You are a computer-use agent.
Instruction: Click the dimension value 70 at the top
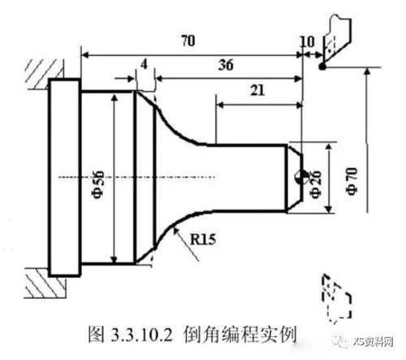pos(188,41)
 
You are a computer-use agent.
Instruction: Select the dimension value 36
pos(226,65)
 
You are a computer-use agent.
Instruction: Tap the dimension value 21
pos(257,90)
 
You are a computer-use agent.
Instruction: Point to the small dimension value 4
pos(145,64)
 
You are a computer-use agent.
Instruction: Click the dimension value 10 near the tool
pos(308,41)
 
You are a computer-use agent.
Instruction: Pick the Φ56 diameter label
pos(98,184)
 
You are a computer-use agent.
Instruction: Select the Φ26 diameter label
pos(316,184)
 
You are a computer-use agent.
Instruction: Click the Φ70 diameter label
pos(352,181)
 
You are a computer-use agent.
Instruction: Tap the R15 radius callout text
pos(203,239)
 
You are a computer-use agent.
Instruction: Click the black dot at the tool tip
pos(322,67)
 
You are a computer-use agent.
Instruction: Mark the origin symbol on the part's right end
pos(300,177)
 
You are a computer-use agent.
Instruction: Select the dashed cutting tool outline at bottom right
pos(337,298)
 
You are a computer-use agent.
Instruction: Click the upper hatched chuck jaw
pos(45,74)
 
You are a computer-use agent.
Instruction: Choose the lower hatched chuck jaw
pos(45,283)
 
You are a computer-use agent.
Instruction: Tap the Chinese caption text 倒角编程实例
pos(240,335)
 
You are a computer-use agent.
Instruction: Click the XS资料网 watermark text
pos(374,342)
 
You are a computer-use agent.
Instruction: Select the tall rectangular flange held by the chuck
pos(64,178)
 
